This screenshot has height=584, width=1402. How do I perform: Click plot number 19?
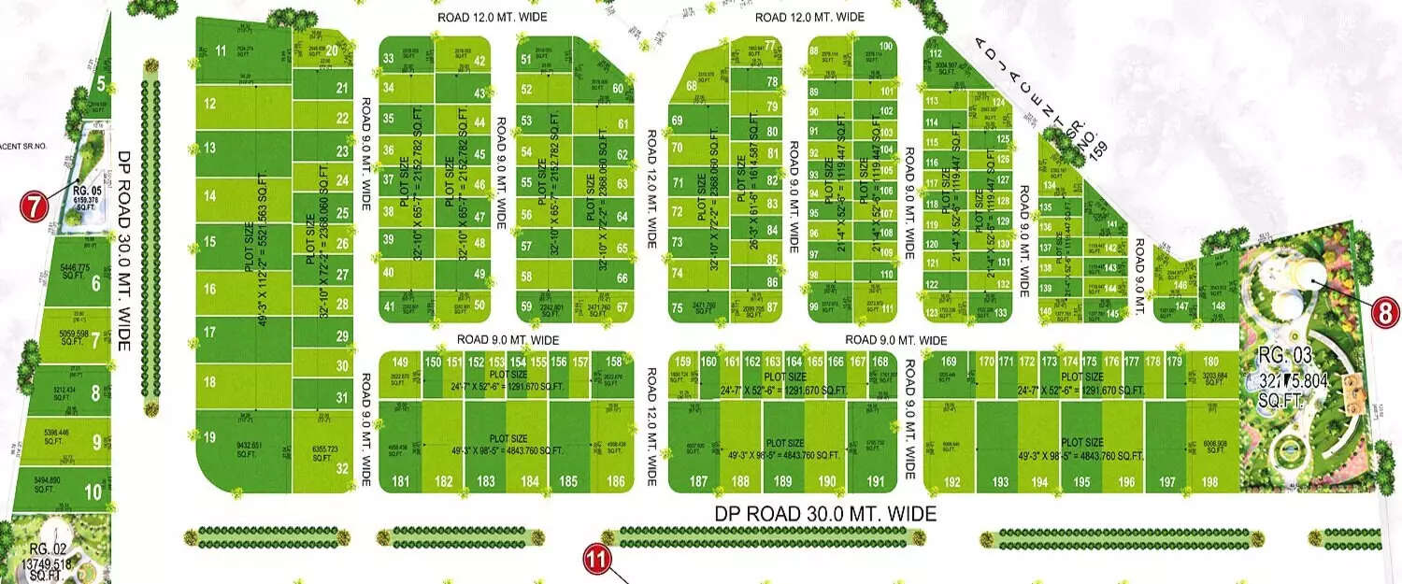click(x=209, y=437)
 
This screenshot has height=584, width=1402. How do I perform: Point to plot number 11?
click(x=221, y=50)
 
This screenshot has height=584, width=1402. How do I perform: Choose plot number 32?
click(x=342, y=469)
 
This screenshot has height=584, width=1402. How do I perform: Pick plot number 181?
click(x=401, y=482)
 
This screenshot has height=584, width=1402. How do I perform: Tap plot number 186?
click(x=615, y=482)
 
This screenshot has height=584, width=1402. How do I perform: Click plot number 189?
click(x=783, y=482)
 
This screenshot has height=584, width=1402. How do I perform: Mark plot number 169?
click(x=950, y=362)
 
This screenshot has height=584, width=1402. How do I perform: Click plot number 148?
click(x=1218, y=306)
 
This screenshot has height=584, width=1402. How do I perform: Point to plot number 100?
click(x=885, y=47)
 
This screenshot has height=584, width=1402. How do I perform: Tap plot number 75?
click(x=677, y=308)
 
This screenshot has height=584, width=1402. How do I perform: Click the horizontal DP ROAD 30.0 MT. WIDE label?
click(x=825, y=514)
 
